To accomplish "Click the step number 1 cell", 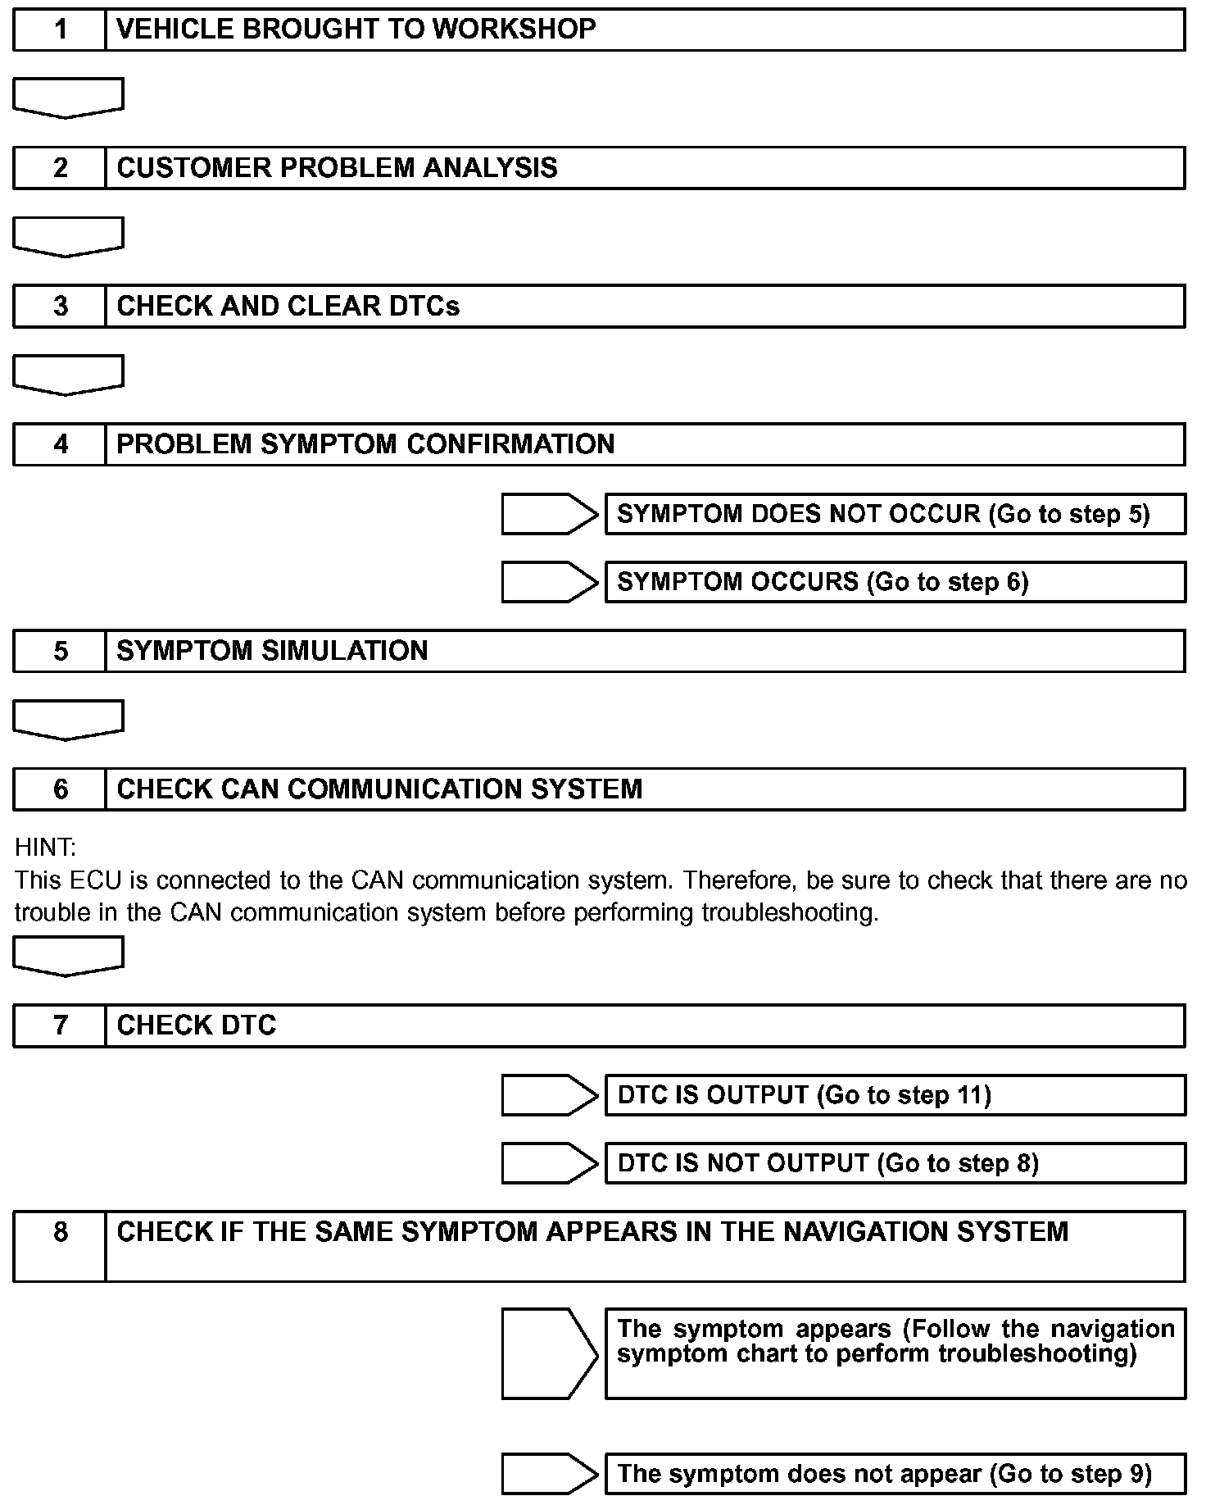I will pyautogui.click(x=60, y=30).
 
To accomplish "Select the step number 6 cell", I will pyautogui.click(x=60, y=789).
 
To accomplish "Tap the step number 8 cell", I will pyautogui.click(x=60, y=1246).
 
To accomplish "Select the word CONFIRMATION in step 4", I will pyautogui.click(x=510, y=444).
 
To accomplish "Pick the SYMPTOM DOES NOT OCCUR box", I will pyautogui.click(x=895, y=514).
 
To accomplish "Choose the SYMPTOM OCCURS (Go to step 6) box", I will pyautogui.click(x=895, y=582).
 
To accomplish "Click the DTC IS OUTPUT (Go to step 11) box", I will pyautogui.click(x=895, y=1095).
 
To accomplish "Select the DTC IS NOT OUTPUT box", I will pyautogui.click(x=895, y=1163).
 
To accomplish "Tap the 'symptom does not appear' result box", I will pyautogui.click(x=895, y=1474).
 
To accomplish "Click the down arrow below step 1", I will pyautogui.click(x=68, y=98).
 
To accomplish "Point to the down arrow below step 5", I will pyautogui.click(x=68, y=720).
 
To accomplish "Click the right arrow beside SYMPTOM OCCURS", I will pyautogui.click(x=549, y=582).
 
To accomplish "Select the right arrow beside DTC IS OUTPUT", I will pyautogui.click(x=549, y=1095).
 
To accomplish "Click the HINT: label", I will pyautogui.click(x=45, y=848).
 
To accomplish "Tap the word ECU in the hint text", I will pyautogui.click(x=96, y=880).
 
